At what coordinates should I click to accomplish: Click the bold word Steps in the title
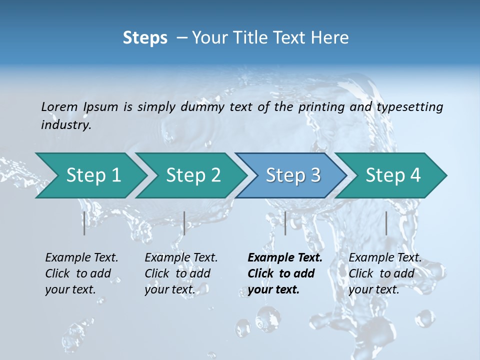145,38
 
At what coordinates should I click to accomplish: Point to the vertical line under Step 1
84,223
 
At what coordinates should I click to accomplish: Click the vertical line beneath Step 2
184,223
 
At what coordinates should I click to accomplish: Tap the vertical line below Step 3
285,223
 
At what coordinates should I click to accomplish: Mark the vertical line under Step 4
386,223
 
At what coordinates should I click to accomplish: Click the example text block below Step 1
81,273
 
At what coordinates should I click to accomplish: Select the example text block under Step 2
181,273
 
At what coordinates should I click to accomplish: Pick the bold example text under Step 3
285,273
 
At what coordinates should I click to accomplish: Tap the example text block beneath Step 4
385,273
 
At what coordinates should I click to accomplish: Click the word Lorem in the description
59,107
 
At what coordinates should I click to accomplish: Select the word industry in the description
65,125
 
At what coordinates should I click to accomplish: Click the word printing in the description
321,107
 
